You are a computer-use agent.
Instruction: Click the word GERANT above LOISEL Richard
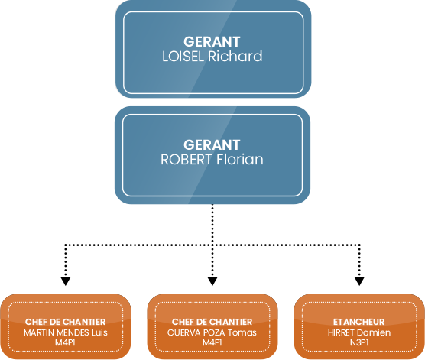(212, 42)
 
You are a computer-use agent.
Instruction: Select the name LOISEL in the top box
(183, 57)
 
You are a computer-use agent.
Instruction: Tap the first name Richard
(235, 56)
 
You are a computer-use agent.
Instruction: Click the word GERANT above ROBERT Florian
(212, 144)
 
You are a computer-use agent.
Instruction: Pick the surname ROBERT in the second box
(187, 160)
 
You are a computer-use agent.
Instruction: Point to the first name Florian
(240, 159)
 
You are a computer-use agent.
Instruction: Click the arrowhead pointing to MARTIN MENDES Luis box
(66, 281)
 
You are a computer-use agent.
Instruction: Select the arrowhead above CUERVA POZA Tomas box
(212, 281)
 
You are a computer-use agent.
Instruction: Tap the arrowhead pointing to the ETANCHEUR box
(359, 281)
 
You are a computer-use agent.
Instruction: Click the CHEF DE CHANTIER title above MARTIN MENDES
(65, 322)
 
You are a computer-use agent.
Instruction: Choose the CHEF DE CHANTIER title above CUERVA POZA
(212, 322)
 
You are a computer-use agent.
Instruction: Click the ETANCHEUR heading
(359, 322)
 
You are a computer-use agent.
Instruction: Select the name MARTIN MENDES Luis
(66, 332)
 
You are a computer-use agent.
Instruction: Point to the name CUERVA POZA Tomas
(212, 332)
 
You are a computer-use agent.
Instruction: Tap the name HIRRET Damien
(359, 332)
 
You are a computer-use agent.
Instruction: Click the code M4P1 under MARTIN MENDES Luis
(65, 342)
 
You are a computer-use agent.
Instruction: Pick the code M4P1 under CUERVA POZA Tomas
(212, 342)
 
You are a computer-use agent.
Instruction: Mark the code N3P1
(359, 342)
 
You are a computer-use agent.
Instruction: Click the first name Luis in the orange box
(99, 332)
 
